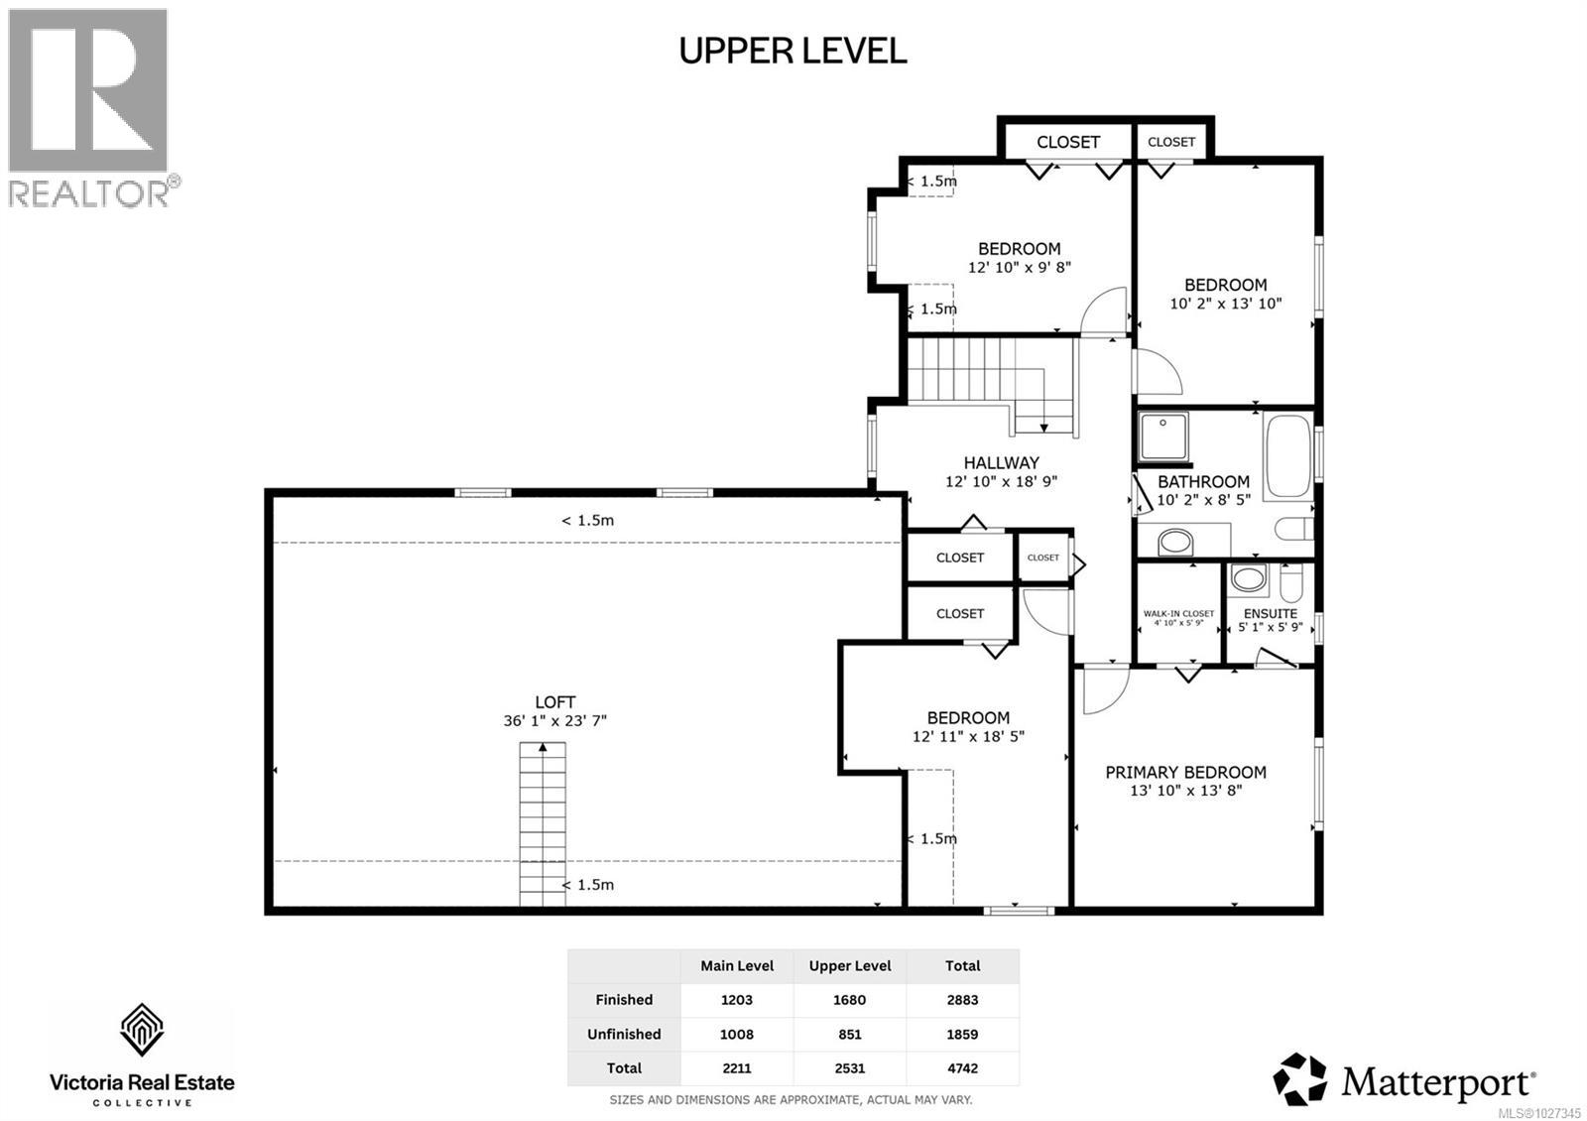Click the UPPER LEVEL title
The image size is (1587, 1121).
793,51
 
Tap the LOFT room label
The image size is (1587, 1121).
554,702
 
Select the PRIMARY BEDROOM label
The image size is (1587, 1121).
1185,772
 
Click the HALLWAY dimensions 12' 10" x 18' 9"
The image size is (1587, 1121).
1001,482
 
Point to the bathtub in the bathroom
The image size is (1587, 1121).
1288,456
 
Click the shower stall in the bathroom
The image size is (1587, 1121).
1162,437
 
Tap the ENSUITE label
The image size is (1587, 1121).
1270,614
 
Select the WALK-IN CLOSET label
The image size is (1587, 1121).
1178,614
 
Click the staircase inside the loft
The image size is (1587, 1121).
543,823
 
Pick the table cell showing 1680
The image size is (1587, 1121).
849,1000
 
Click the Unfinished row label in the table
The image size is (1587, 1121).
624,1034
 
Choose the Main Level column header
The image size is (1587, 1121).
737,965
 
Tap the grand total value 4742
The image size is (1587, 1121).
962,1068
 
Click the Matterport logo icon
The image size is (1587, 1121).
1299,1078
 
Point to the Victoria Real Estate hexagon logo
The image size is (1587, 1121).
142,1032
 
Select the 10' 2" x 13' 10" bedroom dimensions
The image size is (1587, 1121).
1226,304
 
